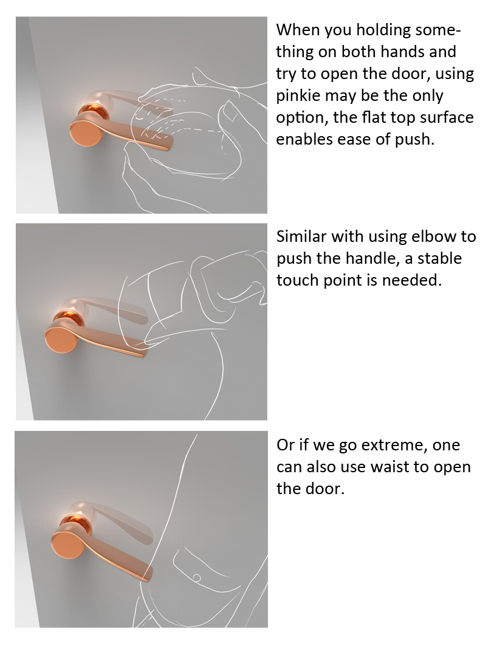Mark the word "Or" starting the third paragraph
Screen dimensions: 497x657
285,445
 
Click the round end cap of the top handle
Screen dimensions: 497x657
86,131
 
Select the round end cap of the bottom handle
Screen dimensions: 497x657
69,545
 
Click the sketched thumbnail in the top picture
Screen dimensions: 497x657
231,112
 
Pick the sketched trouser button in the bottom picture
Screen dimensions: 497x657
196,578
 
